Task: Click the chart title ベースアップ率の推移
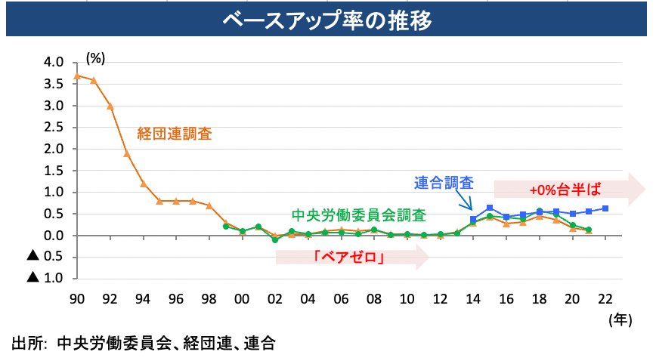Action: (x=327, y=20)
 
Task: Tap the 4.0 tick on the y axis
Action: (x=54, y=63)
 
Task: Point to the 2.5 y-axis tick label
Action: (x=54, y=128)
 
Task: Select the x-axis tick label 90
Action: (x=76, y=298)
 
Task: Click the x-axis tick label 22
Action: (x=606, y=298)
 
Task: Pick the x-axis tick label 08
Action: (x=374, y=298)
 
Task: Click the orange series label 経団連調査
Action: (x=175, y=134)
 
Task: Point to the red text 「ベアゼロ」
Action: (x=350, y=258)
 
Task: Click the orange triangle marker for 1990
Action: (x=76, y=76)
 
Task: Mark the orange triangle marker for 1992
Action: (x=110, y=106)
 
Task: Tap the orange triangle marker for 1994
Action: (x=143, y=184)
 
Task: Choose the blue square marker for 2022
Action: (x=606, y=208)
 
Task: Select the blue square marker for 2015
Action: (x=490, y=208)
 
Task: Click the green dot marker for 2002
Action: (x=275, y=239)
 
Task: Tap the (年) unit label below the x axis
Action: (x=619, y=319)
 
